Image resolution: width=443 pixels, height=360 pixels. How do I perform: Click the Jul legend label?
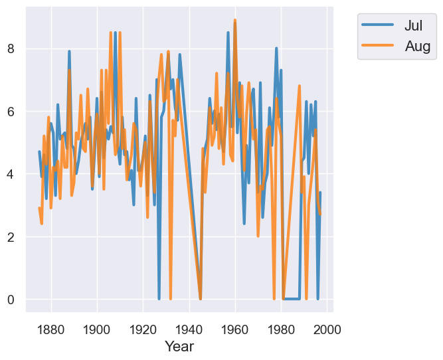(413, 26)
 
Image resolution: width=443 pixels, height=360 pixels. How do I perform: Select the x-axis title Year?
(179, 346)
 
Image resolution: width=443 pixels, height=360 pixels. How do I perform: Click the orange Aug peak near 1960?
(235, 21)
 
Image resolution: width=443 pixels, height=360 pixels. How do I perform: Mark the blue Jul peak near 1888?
(69, 52)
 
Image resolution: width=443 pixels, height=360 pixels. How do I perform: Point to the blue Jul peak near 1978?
(276, 48)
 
